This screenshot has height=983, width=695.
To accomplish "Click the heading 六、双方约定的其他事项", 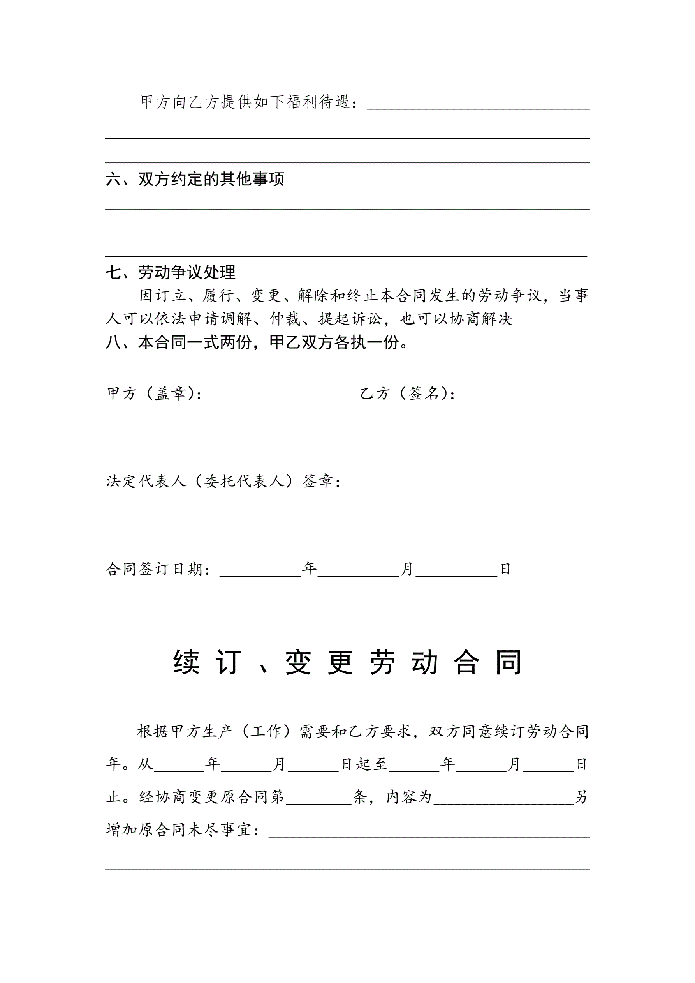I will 195,179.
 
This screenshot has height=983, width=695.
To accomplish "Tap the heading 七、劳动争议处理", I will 170,272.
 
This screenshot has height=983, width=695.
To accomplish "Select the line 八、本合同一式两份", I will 256,342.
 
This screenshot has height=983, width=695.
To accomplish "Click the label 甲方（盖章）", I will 155,394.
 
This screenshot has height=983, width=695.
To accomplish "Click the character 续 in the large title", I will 186,662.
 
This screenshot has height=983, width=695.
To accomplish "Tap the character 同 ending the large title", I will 508,662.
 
